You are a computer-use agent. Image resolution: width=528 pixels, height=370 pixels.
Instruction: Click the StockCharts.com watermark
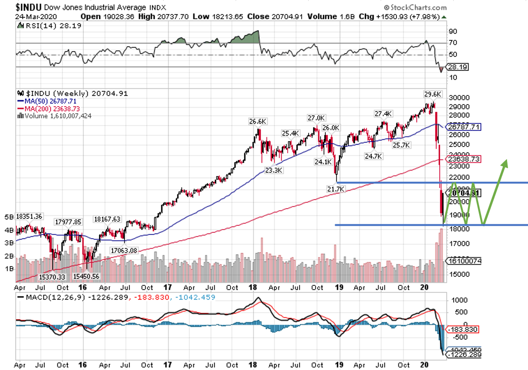(416, 7)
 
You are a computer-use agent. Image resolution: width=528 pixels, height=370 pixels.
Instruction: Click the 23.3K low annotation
(274, 170)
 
